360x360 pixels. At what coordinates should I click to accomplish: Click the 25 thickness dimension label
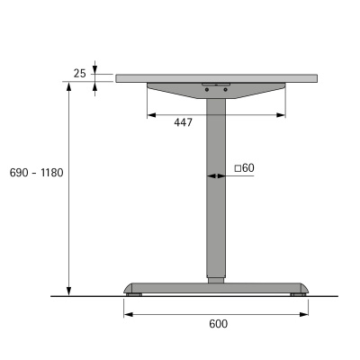click(x=80, y=73)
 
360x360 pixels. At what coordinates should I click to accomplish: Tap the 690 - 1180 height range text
click(x=35, y=172)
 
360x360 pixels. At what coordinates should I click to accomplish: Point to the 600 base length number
click(x=217, y=324)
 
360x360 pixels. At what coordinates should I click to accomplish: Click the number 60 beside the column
click(x=248, y=167)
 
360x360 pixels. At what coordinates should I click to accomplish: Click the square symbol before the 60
click(x=238, y=167)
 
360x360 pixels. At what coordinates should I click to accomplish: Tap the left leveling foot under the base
click(x=134, y=293)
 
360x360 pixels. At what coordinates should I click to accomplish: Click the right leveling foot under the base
click(x=296, y=293)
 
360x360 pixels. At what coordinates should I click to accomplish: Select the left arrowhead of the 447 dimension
click(x=149, y=115)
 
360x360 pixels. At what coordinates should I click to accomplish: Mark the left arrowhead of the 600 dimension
click(x=126, y=314)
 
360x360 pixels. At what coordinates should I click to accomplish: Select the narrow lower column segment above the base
click(x=216, y=277)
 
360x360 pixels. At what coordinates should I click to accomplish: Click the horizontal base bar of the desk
click(x=216, y=287)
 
